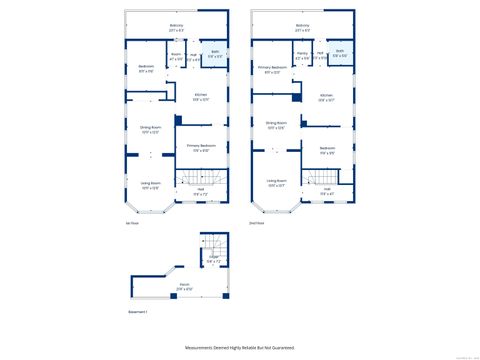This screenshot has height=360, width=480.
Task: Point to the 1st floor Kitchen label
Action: click(200, 96)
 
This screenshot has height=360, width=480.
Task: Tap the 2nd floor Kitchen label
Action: click(326, 96)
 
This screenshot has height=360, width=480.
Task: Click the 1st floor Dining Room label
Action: click(150, 130)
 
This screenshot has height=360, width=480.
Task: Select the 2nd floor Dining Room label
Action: click(276, 124)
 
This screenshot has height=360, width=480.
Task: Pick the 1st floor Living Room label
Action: click(150, 185)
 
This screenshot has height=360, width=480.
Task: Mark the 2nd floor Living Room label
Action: click(276, 184)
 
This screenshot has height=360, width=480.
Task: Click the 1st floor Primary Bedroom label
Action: click(200, 148)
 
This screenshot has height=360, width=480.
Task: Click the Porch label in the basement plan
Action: click(185, 286)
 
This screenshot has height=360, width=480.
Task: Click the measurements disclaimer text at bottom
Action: click(239, 347)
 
